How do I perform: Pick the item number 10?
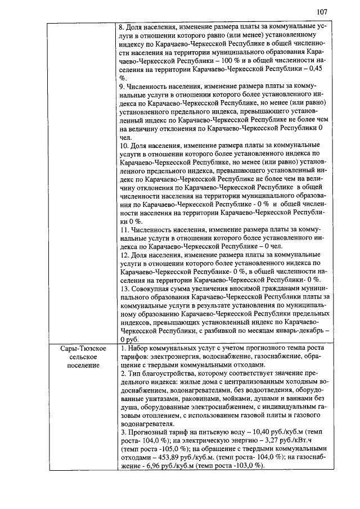point(125,145)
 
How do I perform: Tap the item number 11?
point(125,230)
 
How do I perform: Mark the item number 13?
point(125,289)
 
